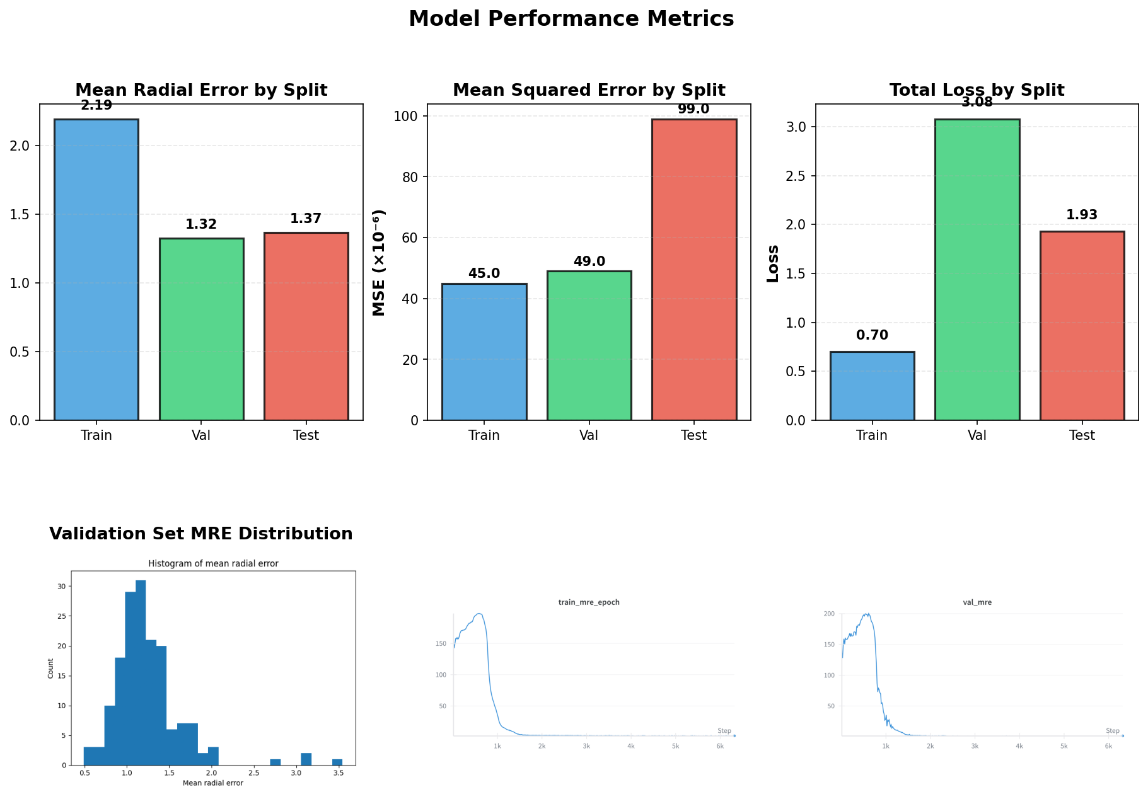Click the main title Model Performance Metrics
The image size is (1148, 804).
[x=571, y=19]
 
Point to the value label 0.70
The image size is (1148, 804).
[x=872, y=335]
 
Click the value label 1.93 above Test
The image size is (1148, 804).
[x=1082, y=215]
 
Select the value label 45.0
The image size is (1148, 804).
[x=484, y=273]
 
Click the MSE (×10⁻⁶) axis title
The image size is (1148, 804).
[x=379, y=262]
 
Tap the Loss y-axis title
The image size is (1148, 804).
[x=773, y=263]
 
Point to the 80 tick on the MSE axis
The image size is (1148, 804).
[x=410, y=176]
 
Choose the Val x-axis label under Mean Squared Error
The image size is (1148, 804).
[x=589, y=435]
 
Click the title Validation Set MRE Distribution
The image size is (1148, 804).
[x=201, y=534]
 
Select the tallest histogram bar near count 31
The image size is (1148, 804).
[x=141, y=672]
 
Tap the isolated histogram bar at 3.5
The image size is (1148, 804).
[x=337, y=762]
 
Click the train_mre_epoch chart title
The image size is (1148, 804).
[x=589, y=602]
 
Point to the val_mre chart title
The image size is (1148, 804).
[x=977, y=602]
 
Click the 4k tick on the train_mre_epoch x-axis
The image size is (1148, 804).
[x=631, y=747]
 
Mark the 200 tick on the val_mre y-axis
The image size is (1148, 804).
[x=829, y=614]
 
